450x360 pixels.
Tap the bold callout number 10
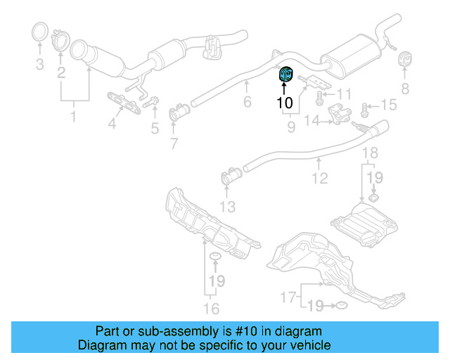coord(285,103)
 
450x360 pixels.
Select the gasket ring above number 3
coord(41,32)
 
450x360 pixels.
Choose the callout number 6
coord(247,103)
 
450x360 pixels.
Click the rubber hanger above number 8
coord(406,60)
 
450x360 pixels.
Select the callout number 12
coord(320,179)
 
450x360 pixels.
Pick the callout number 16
coord(211,309)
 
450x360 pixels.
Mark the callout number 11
coord(343,94)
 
